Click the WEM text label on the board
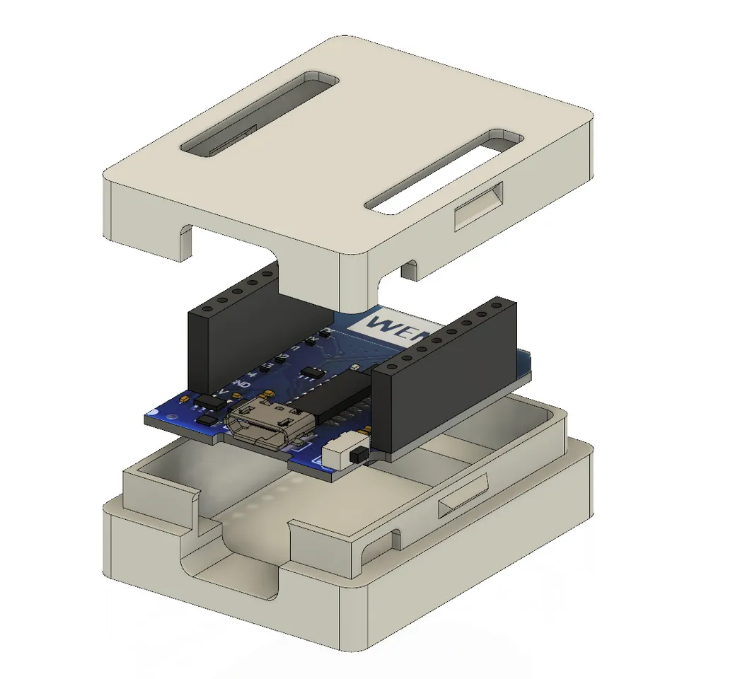pyautogui.click(x=392, y=326)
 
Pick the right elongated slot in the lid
pyautogui.click(x=445, y=170)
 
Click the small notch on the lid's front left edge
pyautogui.click(x=182, y=240)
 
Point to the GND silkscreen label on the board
pyautogui.click(x=241, y=384)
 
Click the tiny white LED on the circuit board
pyautogui.click(x=354, y=368)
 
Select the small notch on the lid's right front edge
pyautogui.click(x=408, y=269)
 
